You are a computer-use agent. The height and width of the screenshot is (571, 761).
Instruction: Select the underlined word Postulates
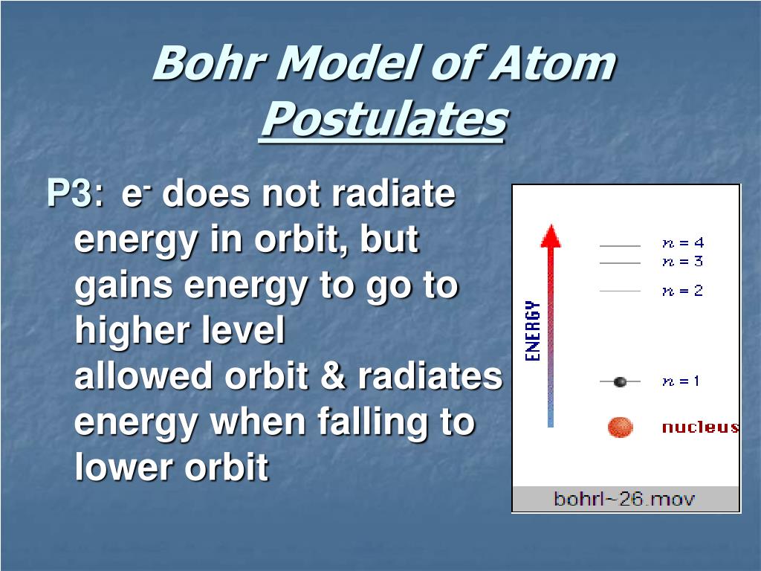click(384, 119)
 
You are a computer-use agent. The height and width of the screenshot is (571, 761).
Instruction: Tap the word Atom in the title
click(552, 62)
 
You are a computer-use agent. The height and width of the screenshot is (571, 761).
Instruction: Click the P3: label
click(75, 193)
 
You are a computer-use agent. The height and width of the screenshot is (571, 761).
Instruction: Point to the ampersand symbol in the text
click(332, 375)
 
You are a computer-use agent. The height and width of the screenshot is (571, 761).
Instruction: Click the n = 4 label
click(683, 243)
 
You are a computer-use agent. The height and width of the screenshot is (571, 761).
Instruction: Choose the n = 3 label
click(683, 262)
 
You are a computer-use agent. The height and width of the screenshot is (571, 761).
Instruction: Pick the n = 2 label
click(683, 291)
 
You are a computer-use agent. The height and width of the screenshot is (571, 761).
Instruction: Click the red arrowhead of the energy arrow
click(551, 236)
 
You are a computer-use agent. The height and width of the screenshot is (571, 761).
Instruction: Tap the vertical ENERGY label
click(533, 331)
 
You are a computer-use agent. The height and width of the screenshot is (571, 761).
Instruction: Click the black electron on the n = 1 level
click(620, 382)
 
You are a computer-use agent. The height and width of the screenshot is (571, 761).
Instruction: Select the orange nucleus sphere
click(621, 428)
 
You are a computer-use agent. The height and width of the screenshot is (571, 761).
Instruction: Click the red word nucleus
click(701, 427)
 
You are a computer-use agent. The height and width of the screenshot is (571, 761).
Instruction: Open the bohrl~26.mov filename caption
click(624, 499)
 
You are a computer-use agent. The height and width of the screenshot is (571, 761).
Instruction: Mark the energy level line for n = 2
click(621, 291)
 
